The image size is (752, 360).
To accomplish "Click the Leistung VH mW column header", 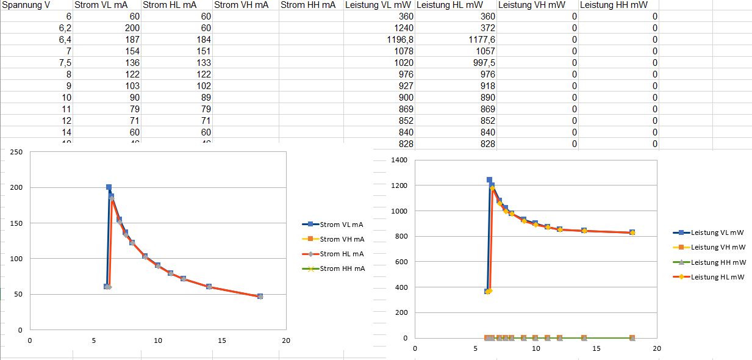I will (530, 5).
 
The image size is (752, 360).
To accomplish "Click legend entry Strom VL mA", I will (342, 225).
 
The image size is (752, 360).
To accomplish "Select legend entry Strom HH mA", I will (342, 268).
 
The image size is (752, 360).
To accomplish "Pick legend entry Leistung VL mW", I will (717, 232).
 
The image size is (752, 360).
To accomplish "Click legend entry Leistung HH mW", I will (717, 262).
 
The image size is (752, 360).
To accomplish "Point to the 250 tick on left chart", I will (16, 152).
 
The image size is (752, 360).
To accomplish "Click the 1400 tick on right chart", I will (399, 160).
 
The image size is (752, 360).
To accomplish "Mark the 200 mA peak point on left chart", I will (109, 187).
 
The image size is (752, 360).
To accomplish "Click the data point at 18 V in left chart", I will (260, 297).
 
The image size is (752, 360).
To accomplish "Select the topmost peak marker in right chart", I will (489, 180).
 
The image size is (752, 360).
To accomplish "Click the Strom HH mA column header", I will (307, 5).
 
